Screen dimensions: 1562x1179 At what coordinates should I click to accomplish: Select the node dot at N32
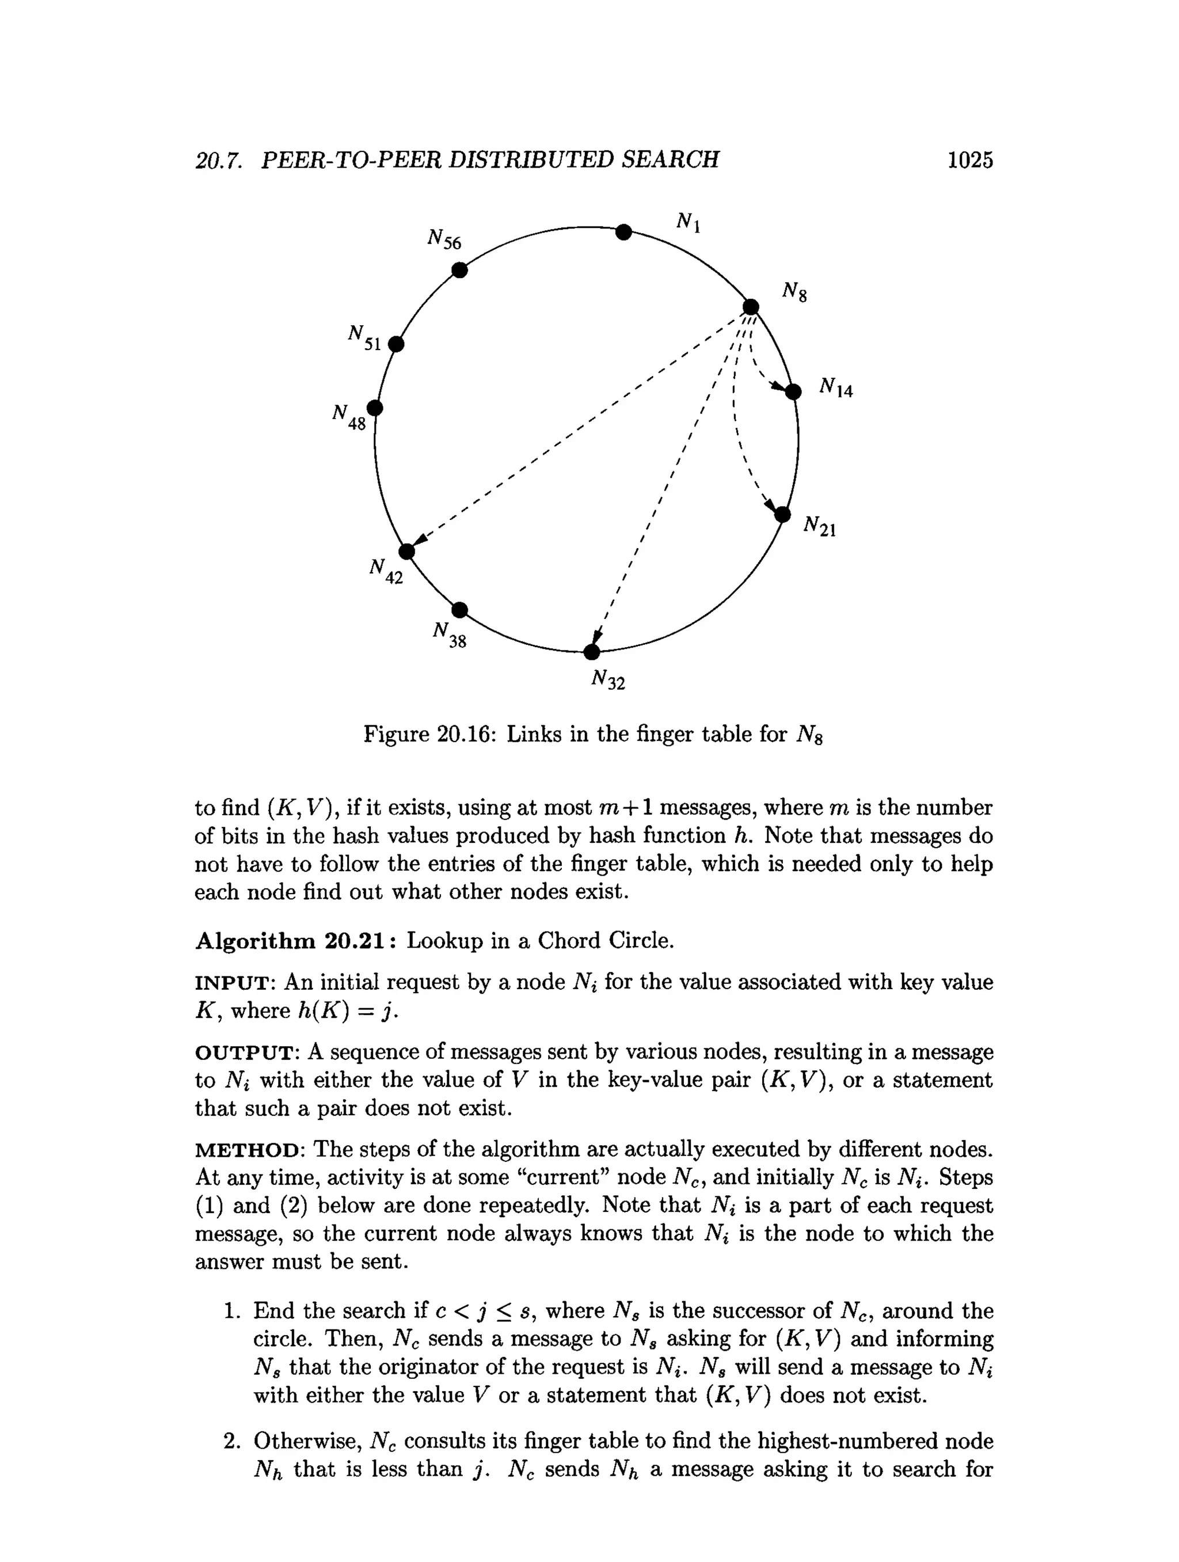coord(592,652)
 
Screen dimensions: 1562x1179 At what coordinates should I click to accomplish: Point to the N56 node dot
coord(459,271)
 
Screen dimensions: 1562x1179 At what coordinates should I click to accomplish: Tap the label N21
coord(820,526)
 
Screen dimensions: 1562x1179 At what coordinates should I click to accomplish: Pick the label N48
coord(349,417)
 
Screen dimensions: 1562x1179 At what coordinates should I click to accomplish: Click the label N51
coord(364,337)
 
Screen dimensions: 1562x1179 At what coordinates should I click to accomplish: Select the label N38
coord(450,634)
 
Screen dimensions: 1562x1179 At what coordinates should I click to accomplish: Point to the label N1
coord(689,222)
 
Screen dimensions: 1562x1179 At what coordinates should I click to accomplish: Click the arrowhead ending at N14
coord(778,386)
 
